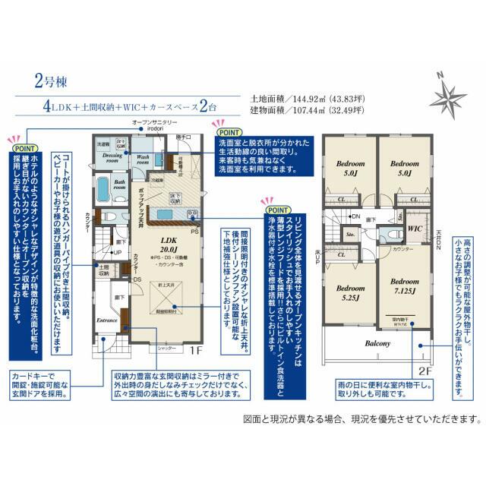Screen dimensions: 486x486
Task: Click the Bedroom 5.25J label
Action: [351, 293]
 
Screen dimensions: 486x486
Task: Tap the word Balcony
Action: [377, 343]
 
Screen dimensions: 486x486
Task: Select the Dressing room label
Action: [112, 157]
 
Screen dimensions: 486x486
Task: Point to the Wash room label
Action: [147, 158]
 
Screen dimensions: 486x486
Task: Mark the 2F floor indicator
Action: [427, 371]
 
